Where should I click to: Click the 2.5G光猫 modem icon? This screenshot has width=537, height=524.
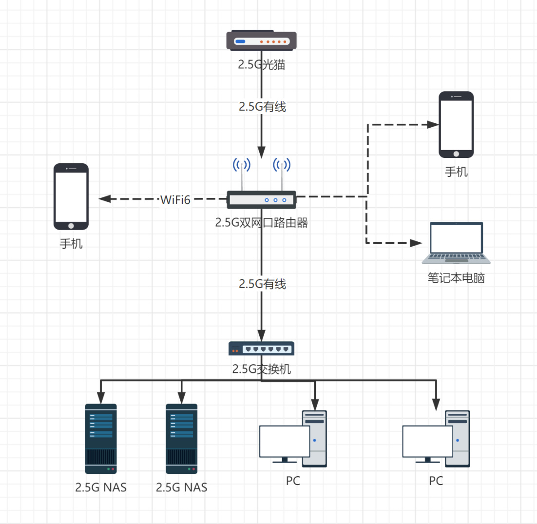[261, 41]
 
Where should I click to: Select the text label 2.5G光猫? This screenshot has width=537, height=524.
[261, 64]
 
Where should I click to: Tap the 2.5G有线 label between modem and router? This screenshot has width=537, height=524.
[262, 107]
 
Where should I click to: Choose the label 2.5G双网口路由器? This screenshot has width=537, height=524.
[262, 223]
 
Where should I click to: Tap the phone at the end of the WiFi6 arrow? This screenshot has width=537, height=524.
[71, 196]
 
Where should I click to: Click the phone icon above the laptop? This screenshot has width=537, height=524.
[456, 125]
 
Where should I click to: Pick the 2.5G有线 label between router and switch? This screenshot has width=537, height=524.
[262, 284]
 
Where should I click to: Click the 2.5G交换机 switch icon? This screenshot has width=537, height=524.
[261, 349]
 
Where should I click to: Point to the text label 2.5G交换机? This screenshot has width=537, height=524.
[262, 369]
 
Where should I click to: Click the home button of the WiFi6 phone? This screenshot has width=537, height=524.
[71, 225]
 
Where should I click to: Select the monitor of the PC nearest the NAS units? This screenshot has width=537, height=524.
[285, 442]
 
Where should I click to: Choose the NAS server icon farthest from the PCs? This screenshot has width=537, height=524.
[101, 439]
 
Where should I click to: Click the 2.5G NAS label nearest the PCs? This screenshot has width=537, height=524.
[182, 487]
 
